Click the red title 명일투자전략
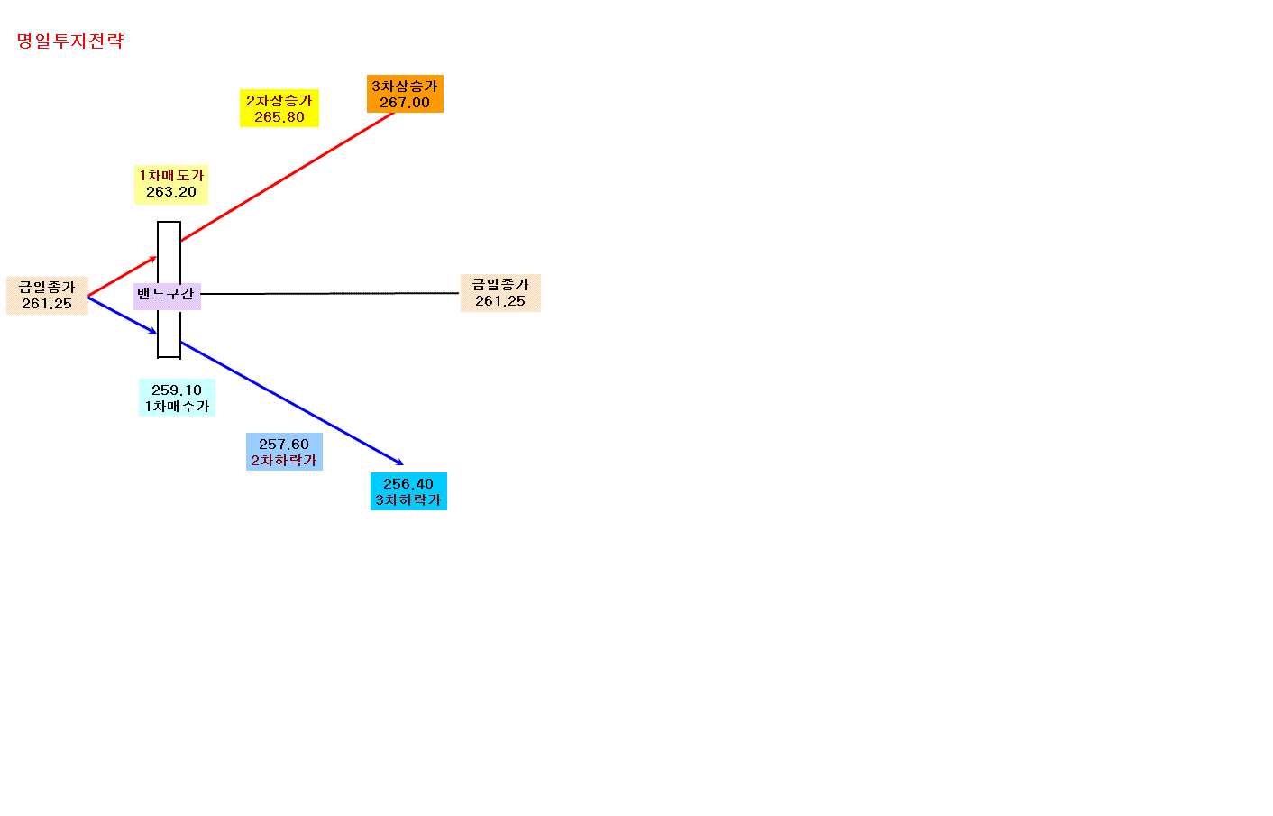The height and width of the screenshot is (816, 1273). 70,41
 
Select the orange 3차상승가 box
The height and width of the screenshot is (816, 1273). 405,94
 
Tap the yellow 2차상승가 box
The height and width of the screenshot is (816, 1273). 279,108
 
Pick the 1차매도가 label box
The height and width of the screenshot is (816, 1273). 171,184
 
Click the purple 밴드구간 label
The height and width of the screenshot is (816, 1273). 167,296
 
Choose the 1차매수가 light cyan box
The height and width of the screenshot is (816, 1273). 177,398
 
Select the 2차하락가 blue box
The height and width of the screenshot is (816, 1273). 284,452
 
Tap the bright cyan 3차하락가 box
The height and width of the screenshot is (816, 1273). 408,491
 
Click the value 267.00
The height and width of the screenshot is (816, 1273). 405,103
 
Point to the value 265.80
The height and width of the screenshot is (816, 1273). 279,117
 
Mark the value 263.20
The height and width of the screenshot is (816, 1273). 171,192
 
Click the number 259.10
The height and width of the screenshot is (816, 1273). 177,390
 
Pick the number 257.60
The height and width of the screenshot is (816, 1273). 284,444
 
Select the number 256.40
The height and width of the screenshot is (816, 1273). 408,483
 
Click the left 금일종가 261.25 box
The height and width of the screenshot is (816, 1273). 47,296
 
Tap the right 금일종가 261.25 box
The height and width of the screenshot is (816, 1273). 500,293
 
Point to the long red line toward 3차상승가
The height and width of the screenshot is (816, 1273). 288,177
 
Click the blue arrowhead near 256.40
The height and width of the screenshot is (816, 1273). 399,463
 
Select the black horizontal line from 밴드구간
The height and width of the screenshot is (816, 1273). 330,294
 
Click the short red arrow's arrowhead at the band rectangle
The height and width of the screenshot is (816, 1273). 153,259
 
